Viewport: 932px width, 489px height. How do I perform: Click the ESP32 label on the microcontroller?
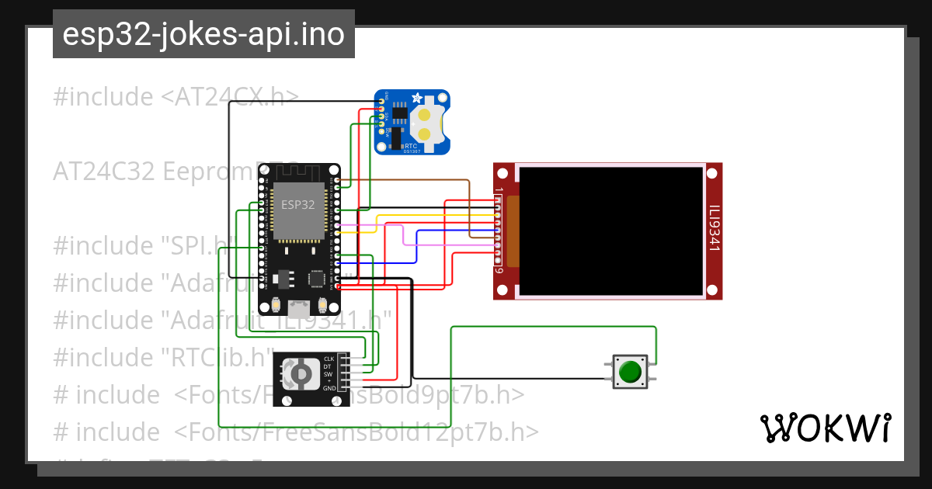298,206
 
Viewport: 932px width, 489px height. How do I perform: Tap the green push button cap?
630,372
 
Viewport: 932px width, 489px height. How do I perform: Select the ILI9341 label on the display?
715,229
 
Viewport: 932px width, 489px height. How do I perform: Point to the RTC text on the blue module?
410,144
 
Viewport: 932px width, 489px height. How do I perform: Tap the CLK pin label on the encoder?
329,359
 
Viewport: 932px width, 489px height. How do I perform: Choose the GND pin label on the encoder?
329,387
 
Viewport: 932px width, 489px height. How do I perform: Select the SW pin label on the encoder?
329,373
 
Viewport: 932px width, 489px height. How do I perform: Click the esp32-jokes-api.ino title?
203,35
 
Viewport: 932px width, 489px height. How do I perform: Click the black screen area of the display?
612,231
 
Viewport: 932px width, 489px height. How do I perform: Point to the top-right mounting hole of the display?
714,172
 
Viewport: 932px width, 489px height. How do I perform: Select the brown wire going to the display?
469,202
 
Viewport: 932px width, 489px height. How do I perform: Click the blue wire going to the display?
417,247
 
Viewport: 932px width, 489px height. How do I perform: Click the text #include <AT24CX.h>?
176,97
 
